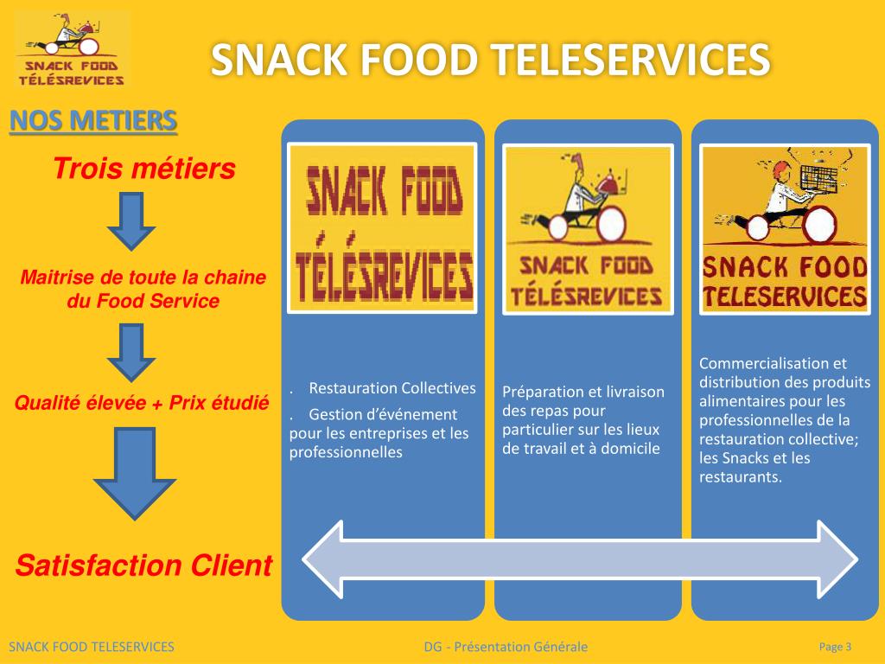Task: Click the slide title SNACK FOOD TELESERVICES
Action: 490,61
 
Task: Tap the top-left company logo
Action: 71,49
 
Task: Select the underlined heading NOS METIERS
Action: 93,120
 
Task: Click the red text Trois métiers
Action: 144,169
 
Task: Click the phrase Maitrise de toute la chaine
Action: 143,278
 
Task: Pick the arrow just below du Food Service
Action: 131,352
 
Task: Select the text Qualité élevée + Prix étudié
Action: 142,403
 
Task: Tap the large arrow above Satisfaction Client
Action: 133,474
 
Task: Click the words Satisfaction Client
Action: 144,566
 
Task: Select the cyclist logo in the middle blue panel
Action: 588,228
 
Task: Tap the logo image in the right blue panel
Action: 784,228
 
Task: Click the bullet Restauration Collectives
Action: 392,388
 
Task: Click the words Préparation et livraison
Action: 583,392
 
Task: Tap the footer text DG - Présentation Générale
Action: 506,647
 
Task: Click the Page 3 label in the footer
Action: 835,647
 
